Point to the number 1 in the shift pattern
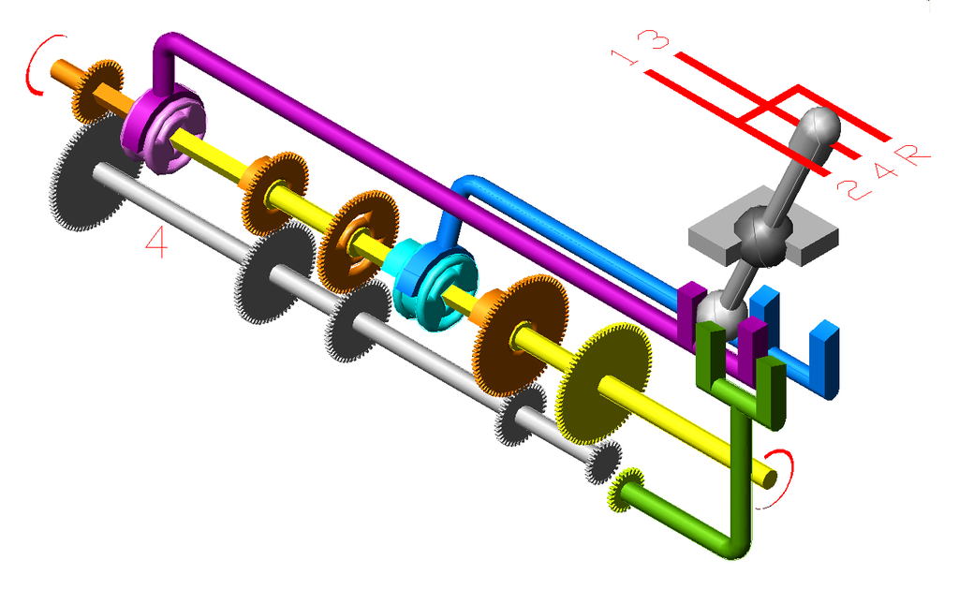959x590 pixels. coord(625,57)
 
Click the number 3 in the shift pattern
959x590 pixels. coord(653,38)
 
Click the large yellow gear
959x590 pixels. coord(602,383)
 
